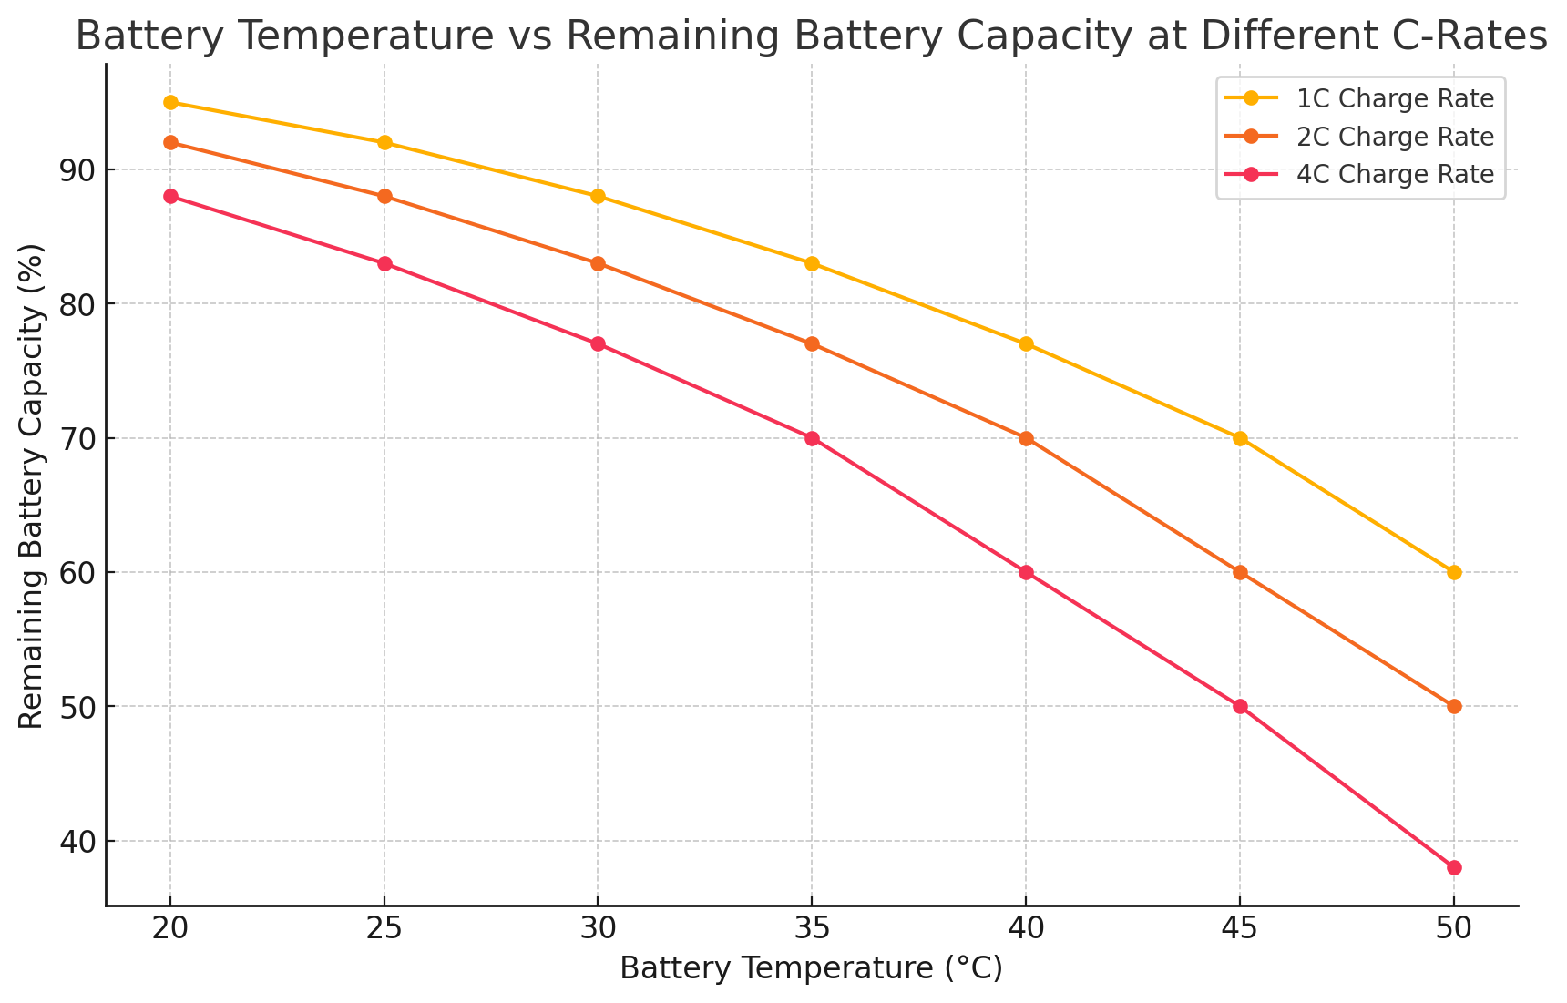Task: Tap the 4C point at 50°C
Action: pyautogui.click(x=1454, y=867)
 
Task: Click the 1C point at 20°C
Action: pyautogui.click(x=170, y=102)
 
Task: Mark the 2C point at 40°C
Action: pyautogui.click(x=1026, y=438)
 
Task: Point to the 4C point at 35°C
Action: pyautogui.click(x=812, y=438)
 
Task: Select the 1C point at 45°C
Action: pyautogui.click(x=1240, y=438)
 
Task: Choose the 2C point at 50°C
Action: pyautogui.click(x=1454, y=706)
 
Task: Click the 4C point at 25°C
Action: pyautogui.click(x=384, y=263)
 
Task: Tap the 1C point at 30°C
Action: pyautogui.click(x=598, y=197)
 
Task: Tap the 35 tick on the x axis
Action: pyautogui.click(x=812, y=928)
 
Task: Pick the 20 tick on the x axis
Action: pyautogui.click(x=170, y=928)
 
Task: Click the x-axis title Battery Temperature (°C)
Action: pyautogui.click(x=811, y=967)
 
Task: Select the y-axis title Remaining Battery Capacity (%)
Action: pyautogui.click(x=31, y=486)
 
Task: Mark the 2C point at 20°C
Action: pyautogui.click(x=170, y=142)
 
